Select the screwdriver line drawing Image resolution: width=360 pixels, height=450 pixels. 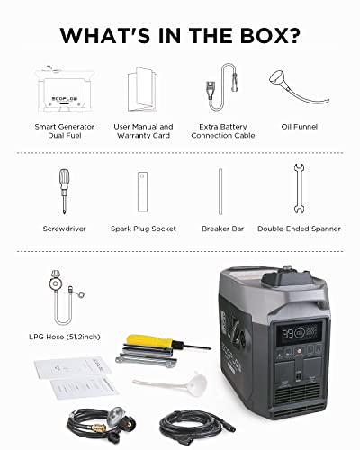(64, 192)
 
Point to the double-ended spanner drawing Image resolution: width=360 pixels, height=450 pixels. (299, 189)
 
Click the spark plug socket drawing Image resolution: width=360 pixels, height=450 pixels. (142, 192)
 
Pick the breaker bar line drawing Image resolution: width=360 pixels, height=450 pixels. (220, 192)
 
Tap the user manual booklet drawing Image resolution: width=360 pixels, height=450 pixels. (142, 89)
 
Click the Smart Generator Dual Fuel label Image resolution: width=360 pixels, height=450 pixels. (65, 131)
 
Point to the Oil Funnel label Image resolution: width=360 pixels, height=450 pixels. (300, 127)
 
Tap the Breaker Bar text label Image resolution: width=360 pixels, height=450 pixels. (223, 229)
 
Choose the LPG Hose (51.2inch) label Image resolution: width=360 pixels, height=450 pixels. (65, 337)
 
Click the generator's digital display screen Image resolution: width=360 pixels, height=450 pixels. (300, 334)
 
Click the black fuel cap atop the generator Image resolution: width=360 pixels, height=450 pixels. (286, 278)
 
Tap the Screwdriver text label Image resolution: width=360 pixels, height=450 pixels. (64, 229)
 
